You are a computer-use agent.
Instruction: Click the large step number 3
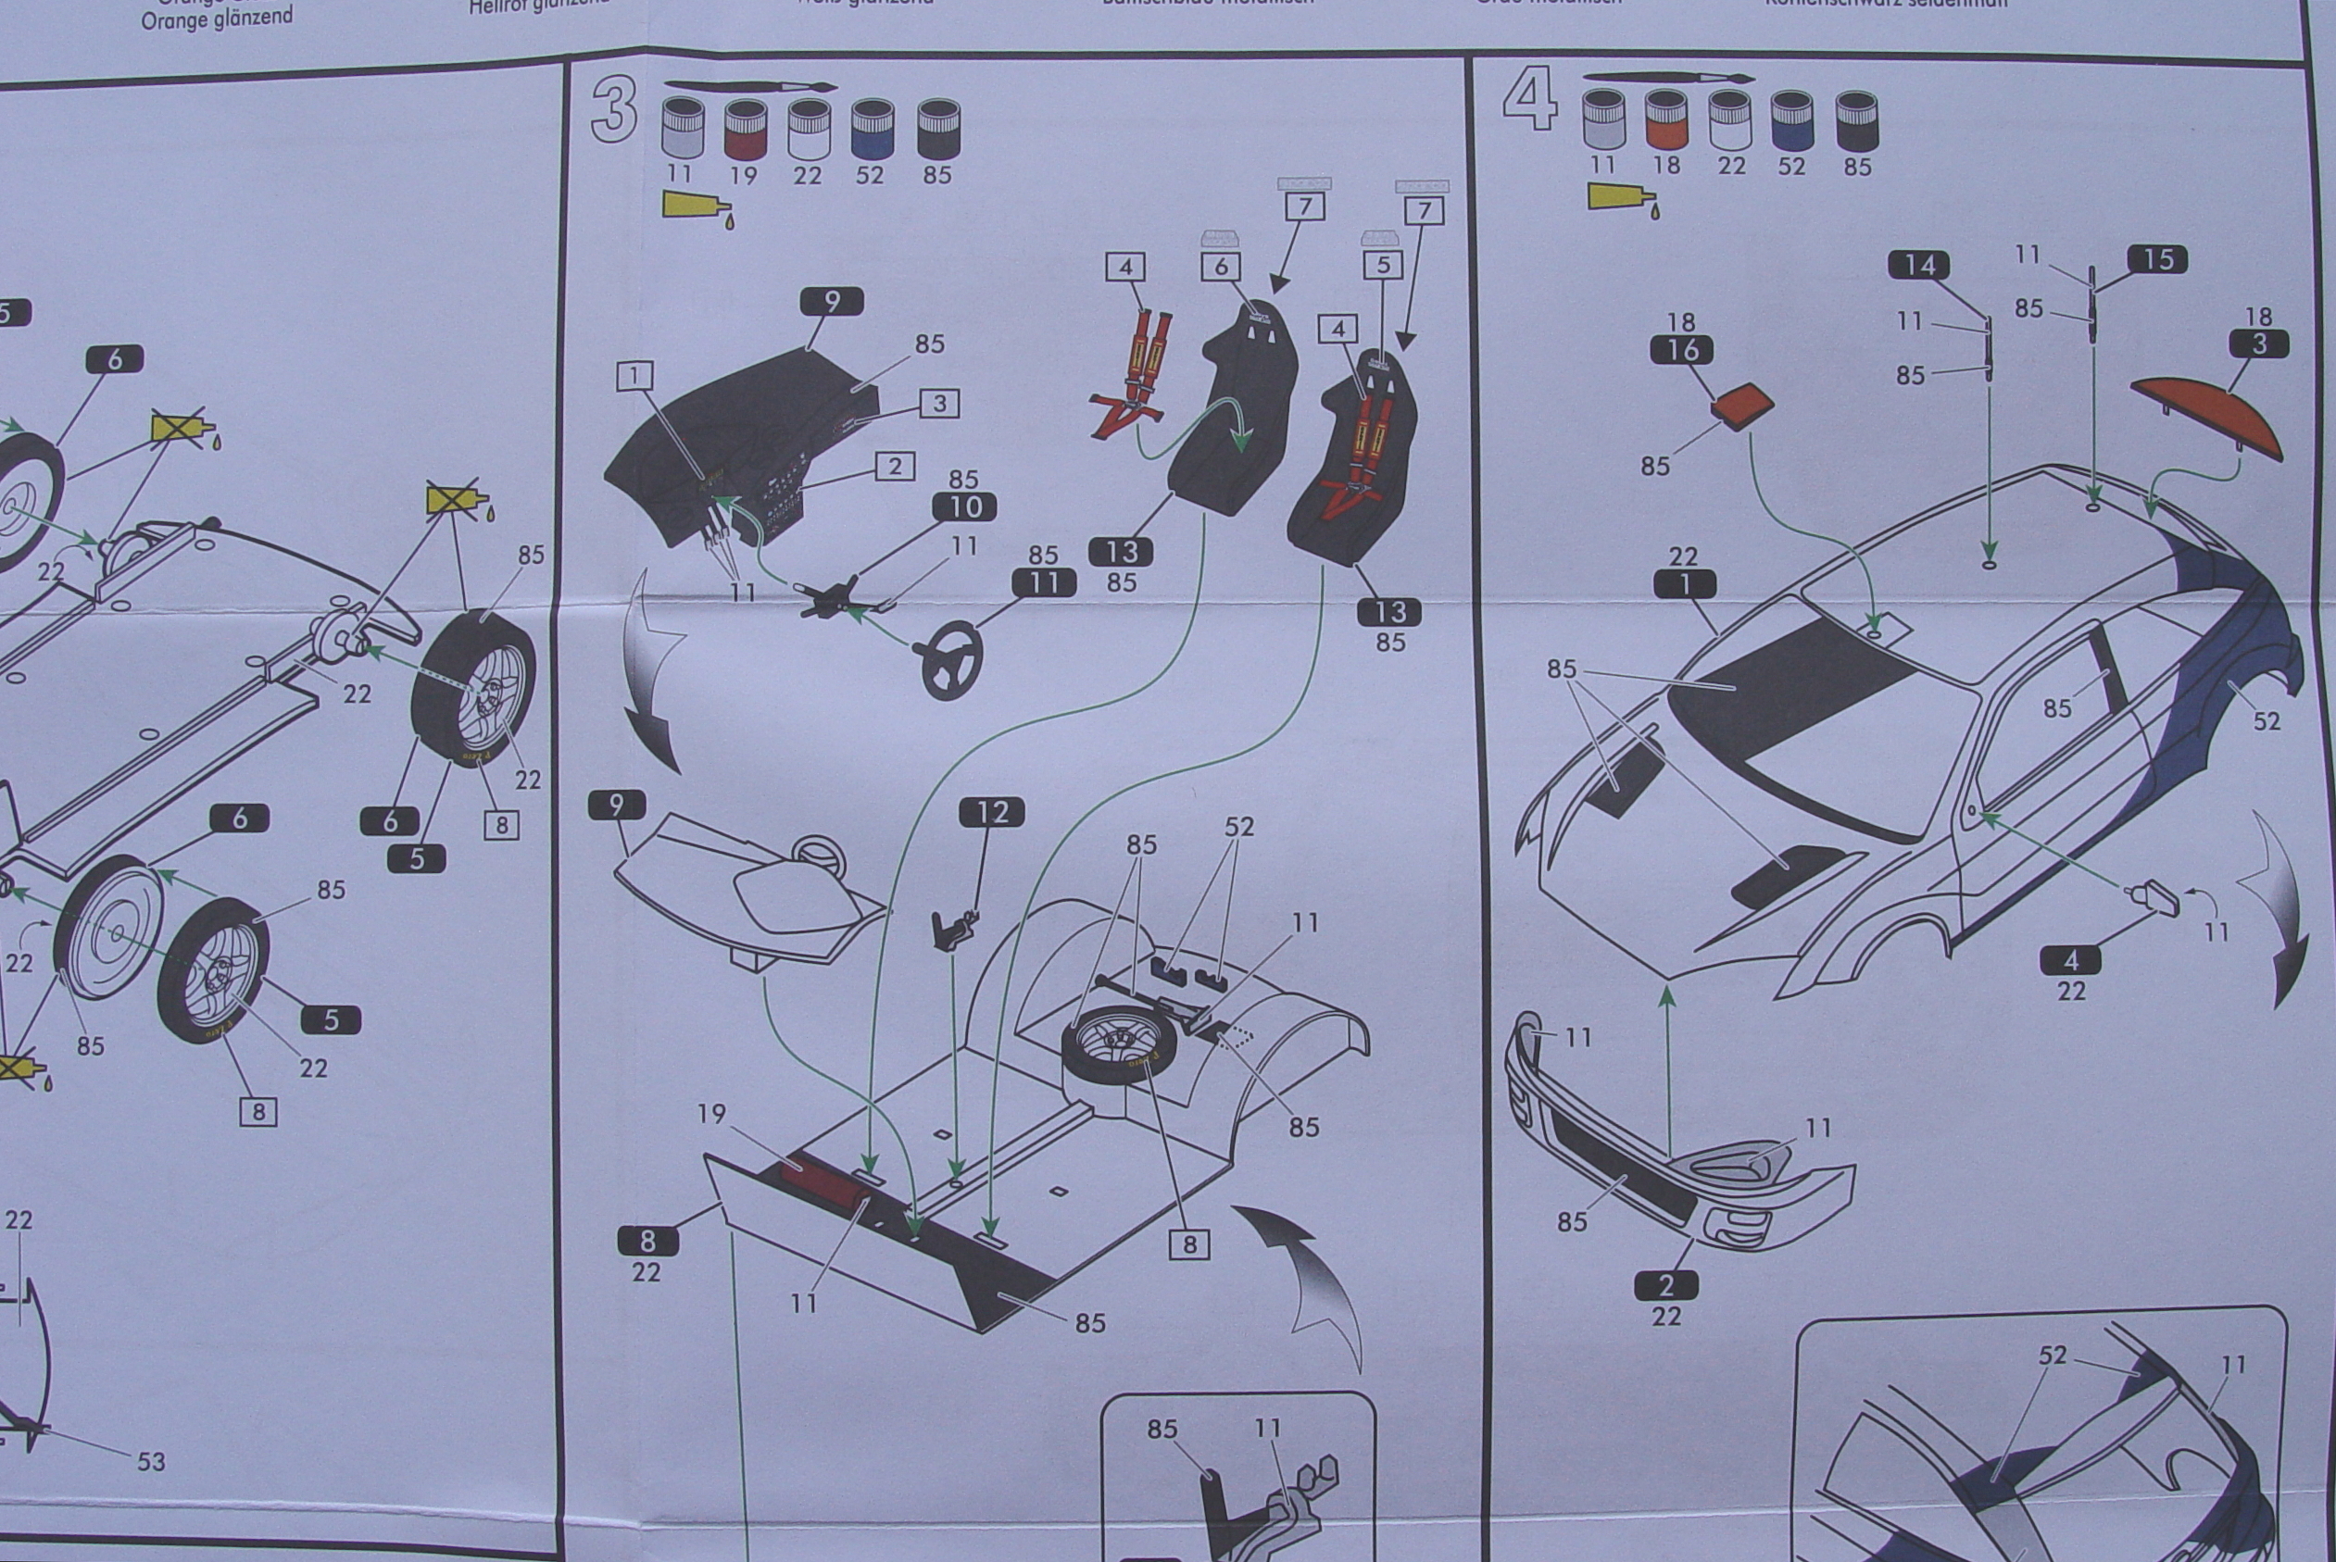(x=614, y=109)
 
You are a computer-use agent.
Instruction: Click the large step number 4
(x=1530, y=100)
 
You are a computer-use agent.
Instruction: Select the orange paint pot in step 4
(x=1665, y=120)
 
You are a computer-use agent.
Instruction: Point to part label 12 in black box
(x=993, y=813)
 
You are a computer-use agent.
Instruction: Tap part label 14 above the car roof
(x=1918, y=265)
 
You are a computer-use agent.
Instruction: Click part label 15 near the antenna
(x=2156, y=259)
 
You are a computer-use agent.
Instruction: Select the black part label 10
(x=965, y=507)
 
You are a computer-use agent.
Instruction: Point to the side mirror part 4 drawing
(x=2154, y=900)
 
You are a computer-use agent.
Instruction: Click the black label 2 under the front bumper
(x=1665, y=1285)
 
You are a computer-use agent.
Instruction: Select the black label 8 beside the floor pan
(x=647, y=1242)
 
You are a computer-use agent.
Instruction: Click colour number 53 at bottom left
(x=152, y=1461)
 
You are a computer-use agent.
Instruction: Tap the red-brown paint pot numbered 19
(x=745, y=130)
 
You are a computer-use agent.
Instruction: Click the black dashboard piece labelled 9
(x=743, y=448)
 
